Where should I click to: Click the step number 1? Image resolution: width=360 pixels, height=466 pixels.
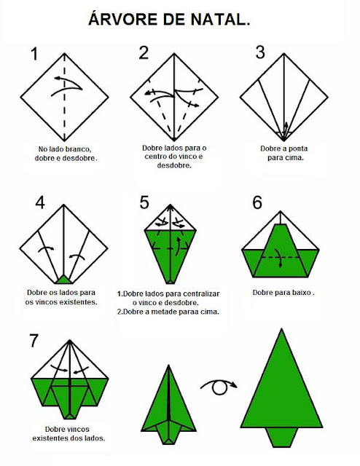[x=34, y=54]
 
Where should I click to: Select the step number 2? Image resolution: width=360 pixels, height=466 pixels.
[x=144, y=53]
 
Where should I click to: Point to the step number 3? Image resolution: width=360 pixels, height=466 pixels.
[x=260, y=52]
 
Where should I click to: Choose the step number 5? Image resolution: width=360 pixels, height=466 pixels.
[x=144, y=202]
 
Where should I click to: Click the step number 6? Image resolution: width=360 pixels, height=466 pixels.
[x=257, y=202]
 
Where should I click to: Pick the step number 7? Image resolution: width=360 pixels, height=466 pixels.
[x=34, y=341]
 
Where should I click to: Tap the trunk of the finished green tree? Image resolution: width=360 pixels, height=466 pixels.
[x=281, y=437]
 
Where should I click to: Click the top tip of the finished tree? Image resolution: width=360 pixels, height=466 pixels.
[x=281, y=329]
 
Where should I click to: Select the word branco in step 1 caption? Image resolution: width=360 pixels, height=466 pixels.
[x=79, y=149]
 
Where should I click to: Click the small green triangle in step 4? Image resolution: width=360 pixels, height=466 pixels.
[x=63, y=280]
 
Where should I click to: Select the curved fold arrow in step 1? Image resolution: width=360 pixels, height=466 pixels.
[x=67, y=86]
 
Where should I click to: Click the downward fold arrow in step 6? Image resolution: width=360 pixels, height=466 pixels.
[x=279, y=257]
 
